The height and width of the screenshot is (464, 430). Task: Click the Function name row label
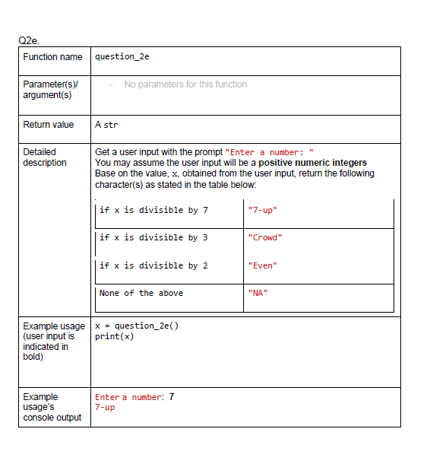coord(52,57)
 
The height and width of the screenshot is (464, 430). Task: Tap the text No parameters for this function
coord(185,84)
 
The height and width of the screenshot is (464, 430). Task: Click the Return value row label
coord(49,125)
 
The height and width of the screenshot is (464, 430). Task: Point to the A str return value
coord(106,125)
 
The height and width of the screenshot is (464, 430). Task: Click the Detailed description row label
coord(45,157)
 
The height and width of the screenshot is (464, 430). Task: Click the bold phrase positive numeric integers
coord(312,163)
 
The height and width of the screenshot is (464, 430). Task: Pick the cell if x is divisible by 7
coord(153,210)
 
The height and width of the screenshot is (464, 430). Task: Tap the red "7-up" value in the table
coord(262,210)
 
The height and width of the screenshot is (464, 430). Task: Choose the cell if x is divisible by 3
coord(153,237)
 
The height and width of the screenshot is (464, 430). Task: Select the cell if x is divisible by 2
coord(153,265)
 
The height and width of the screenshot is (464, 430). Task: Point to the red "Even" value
coord(263,265)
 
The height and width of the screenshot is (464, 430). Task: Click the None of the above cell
coord(141,293)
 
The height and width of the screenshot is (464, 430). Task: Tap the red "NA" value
coord(258,293)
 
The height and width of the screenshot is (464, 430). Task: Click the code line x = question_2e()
coord(136,326)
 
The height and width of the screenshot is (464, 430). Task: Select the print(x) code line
coord(114,337)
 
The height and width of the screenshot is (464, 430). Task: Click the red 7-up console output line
coord(105,408)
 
